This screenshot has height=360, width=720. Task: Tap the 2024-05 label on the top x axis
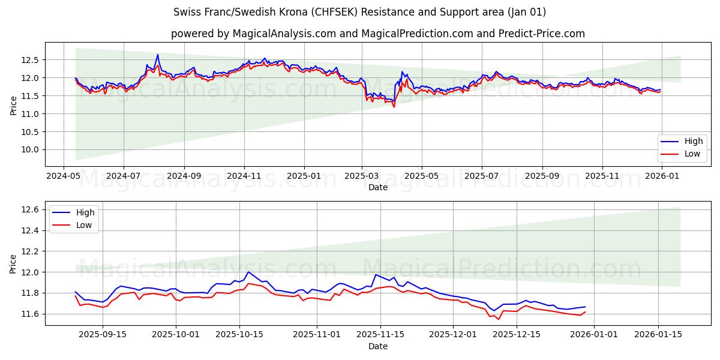click(x=64, y=176)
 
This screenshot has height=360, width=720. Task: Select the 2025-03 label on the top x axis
click(x=362, y=176)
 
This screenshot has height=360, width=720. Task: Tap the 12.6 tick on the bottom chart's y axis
click(x=31, y=209)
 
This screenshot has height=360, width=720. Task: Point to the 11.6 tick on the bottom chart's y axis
click(x=31, y=314)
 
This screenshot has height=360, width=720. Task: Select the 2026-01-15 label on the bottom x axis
click(x=658, y=335)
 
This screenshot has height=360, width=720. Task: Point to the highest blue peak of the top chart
click(x=158, y=55)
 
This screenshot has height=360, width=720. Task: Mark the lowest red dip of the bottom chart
click(x=498, y=319)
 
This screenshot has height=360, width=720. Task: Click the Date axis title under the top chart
click(x=378, y=187)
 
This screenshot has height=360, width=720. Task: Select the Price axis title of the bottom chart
click(x=13, y=263)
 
